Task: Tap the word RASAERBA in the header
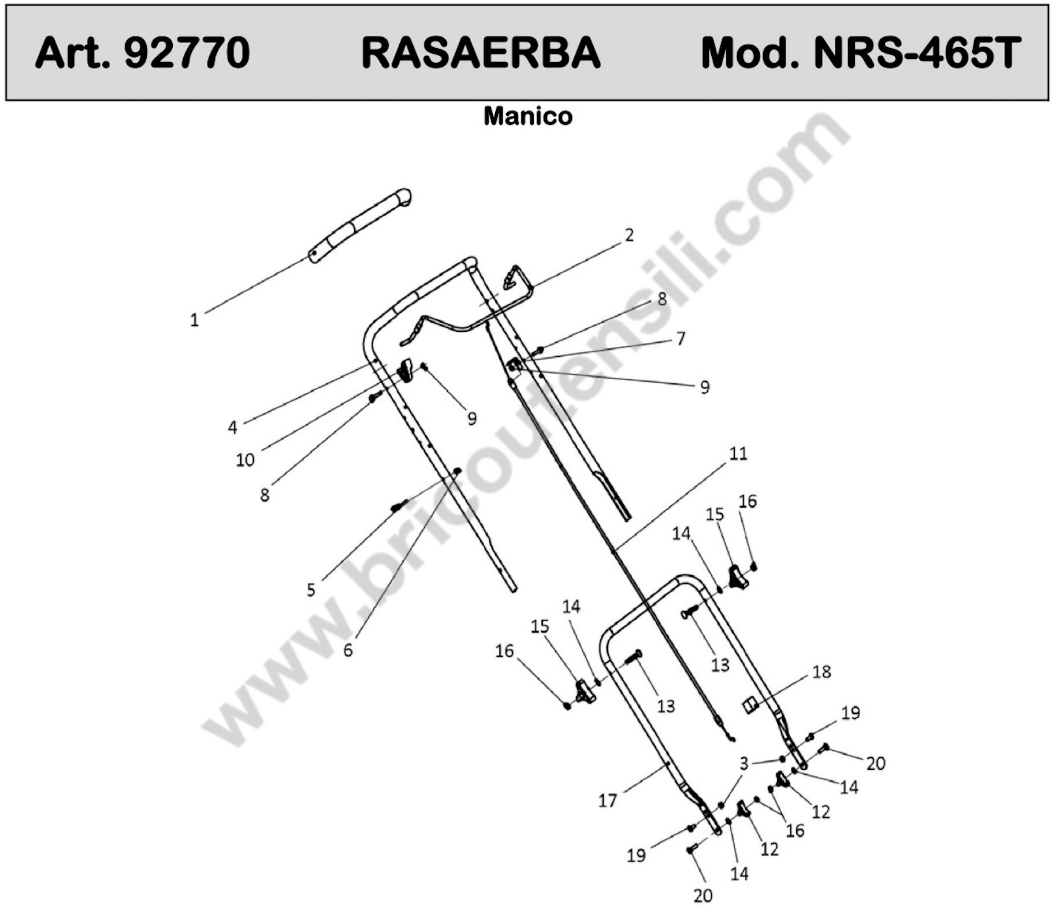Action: pos(481,53)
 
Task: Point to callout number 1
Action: pos(194,320)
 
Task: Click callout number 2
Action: pos(629,235)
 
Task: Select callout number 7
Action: pos(681,339)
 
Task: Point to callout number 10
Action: pos(245,460)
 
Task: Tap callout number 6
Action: pos(348,650)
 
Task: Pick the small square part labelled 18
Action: pos(749,706)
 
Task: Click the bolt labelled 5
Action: pos(399,506)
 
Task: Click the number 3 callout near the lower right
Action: pos(744,763)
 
